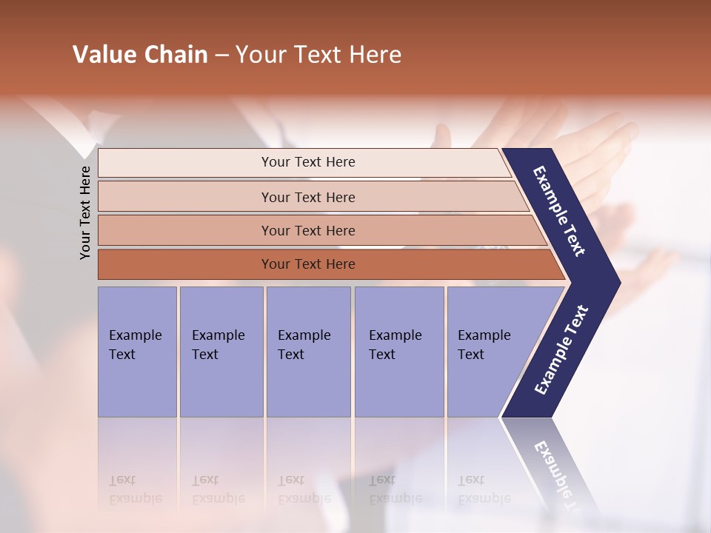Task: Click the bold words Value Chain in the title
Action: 140,55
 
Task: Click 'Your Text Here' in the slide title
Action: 318,55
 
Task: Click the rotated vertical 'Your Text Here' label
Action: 85,212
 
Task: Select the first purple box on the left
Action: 137,352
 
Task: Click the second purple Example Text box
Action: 221,352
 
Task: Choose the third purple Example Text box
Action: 308,352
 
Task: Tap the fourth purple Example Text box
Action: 399,352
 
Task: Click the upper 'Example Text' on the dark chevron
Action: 559,211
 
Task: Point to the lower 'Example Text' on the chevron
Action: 561,350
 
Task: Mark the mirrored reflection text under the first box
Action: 135,489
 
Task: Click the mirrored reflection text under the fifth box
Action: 484,489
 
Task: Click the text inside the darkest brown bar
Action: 308,264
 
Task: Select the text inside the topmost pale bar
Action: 308,162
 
